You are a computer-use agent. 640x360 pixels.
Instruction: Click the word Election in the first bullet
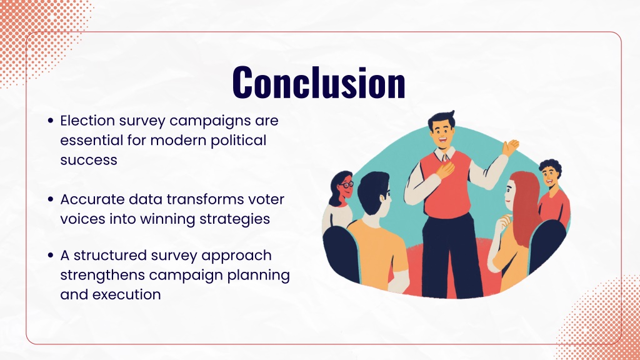87,121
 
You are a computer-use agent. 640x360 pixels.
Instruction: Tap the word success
89,160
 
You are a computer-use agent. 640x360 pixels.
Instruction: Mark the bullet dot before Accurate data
51,199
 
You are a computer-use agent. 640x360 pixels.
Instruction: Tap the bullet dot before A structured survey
51,256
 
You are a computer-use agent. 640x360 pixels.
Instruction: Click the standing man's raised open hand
510,147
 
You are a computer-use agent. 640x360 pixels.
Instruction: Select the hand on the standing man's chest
444,169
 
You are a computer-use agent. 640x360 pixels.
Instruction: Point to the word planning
258,276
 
